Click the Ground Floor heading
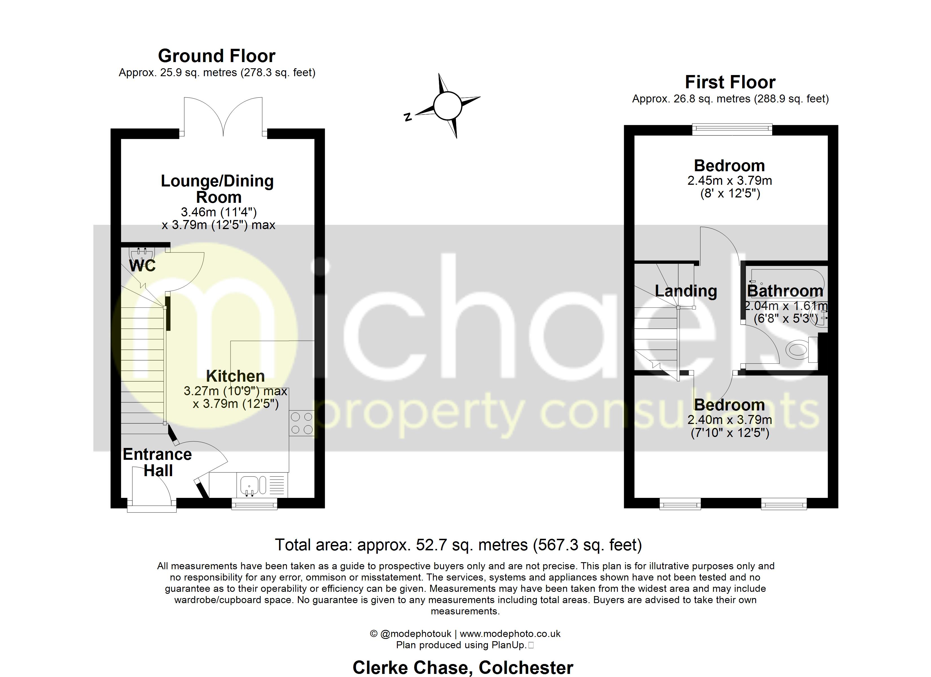click(x=216, y=56)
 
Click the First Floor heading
click(x=730, y=82)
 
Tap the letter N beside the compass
click(x=408, y=117)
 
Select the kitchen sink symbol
click(x=249, y=485)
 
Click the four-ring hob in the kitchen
click(x=302, y=423)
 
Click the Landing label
click(x=686, y=291)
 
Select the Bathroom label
click(x=785, y=291)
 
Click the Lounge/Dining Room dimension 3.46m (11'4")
click(x=219, y=212)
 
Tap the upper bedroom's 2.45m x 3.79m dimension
click(x=730, y=181)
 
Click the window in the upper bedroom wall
click(x=732, y=130)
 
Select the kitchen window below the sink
click(x=254, y=504)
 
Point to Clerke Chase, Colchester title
click(x=463, y=667)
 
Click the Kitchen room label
click(x=235, y=376)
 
